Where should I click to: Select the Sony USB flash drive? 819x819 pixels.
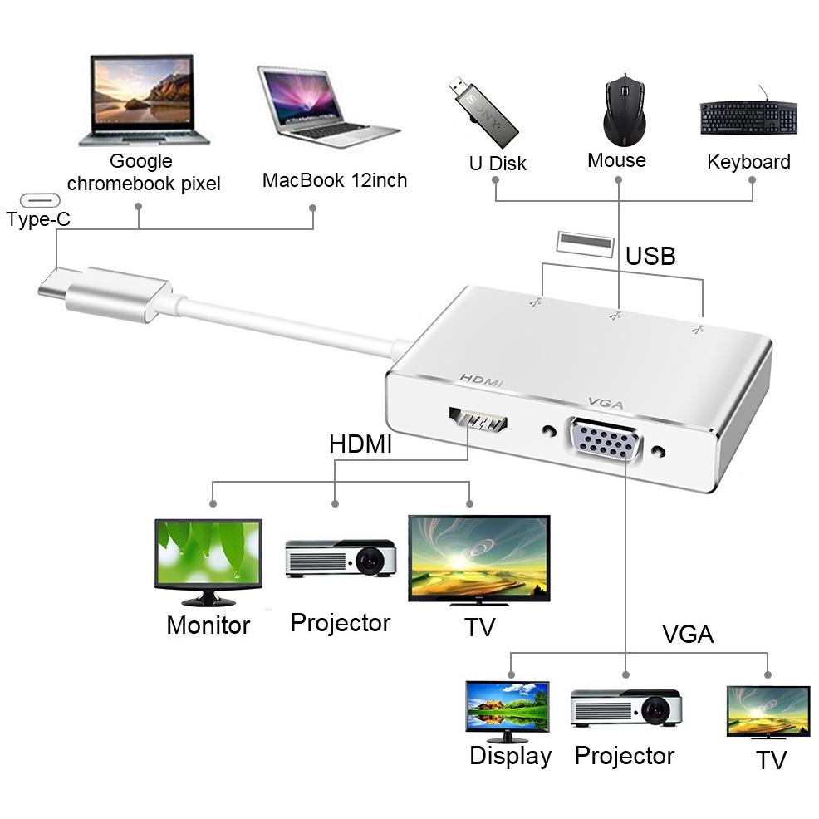(x=483, y=112)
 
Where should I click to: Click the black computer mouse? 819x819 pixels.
(x=624, y=110)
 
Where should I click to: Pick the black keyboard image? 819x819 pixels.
(x=748, y=116)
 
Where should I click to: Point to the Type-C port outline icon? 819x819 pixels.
(x=40, y=200)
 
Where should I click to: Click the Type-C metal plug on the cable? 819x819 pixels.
(x=105, y=293)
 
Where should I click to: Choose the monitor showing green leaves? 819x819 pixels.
(x=208, y=562)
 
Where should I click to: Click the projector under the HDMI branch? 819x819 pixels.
(x=341, y=558)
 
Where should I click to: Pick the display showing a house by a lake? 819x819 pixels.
(x=508, y=711)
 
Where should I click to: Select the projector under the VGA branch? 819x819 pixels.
(x=626, y=708)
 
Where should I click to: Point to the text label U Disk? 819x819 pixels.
(x=498, y=164)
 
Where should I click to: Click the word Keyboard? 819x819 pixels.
(x=748, y=162)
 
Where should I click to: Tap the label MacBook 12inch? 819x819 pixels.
(x=335, y=180)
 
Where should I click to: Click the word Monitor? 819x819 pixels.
(x=208, y=625)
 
